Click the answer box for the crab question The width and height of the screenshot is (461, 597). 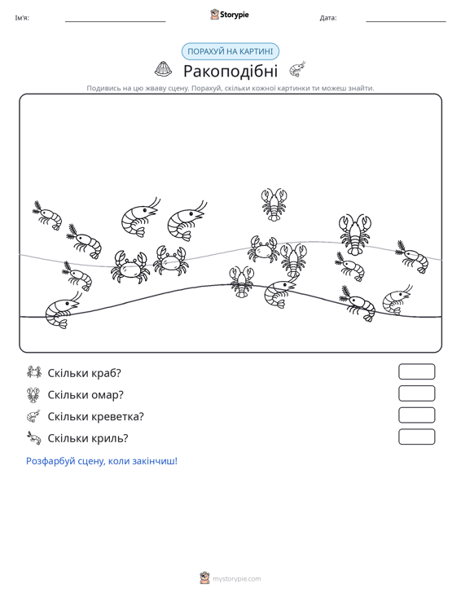pyautogui.click(x=416, y=371)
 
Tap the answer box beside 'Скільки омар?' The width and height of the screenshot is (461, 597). pyautogui.click(x=416, y=393)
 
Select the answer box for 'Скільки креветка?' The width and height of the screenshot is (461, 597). pyautogui.click(x=416, y=415)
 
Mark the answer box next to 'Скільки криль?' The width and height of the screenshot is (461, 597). pyautogui.click(x=416, y=437)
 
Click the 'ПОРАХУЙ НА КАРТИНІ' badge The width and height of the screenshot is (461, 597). pyautogui.click(x=230, y=51)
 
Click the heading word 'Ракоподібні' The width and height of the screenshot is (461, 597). pyautogui.click(x=230, y=71)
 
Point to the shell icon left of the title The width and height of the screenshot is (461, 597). pyautogui.click(x=164, y=69)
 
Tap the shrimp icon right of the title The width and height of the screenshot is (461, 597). pyautogui.click(x=297, y=69)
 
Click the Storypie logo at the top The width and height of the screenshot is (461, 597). pyautogui.click(x=230, y=15)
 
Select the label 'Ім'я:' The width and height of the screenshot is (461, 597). pyautogui.click(x=22, y=18)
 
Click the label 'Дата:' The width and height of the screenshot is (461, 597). pyautogui.click(x=328, y=18)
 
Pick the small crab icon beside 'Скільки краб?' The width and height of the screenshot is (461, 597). pyautogui.click(x=34, y=372)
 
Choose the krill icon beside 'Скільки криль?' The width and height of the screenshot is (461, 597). pyautogui.click(x=34, y=437)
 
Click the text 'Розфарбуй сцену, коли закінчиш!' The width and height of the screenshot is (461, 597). pyautogui.click(x=102, y=461)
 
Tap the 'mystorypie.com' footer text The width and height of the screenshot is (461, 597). pyautogui.click(x=237, y=579)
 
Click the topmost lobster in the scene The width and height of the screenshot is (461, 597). pyautogui.click(x=274, y=204)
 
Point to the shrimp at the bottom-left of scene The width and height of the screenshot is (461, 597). pyautogui.click(x=62, y=310)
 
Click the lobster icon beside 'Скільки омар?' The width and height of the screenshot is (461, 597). pyautogui.click(x=34, y=395)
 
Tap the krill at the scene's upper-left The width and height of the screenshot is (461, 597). pyautogui.click(x=47, y=216)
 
